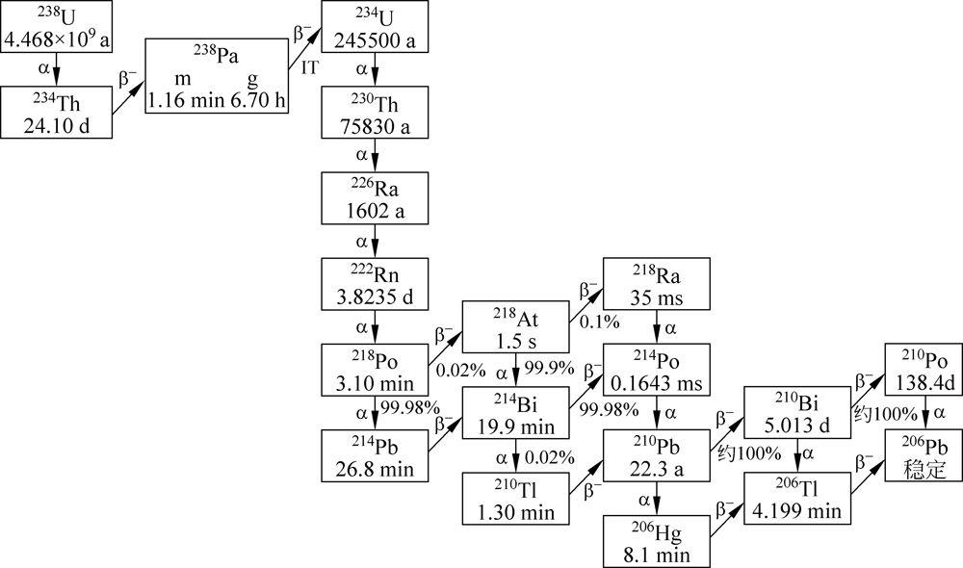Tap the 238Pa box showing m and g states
pos(217,76)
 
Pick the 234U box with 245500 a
pos(375,27)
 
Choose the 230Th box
pos(375,112)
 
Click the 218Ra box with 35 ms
pos(657,284)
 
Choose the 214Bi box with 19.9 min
pos(515,412)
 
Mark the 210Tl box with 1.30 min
pos(515,499)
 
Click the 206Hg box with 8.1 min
pos(657,541)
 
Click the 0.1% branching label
pos(598,323)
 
